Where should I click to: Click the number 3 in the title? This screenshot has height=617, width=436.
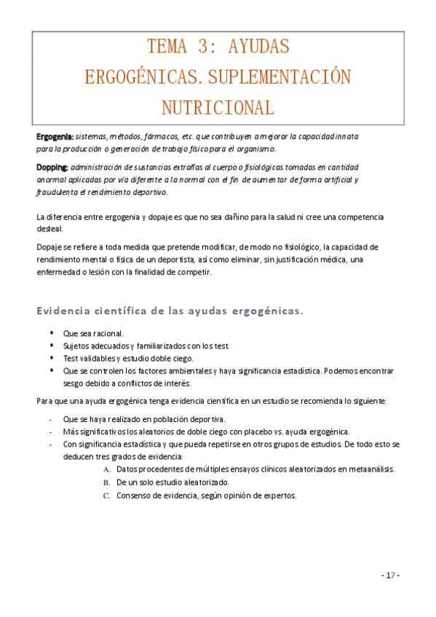(x=202, y=48)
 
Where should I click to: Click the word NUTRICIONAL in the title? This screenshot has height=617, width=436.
(x=218, y=108)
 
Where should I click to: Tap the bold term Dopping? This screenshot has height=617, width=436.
(x=52, y=167)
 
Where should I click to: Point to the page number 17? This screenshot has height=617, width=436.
(x=391, y=576)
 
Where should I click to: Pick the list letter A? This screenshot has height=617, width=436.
(x=107, y=469)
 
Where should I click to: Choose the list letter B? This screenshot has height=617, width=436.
(x=107, y=482)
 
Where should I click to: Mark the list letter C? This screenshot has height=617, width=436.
(x=107, y=496)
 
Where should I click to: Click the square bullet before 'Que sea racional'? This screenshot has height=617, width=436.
(x=52, y=333)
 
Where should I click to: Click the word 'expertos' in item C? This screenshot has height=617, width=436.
(x=279, y=496)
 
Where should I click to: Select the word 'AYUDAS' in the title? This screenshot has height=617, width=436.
(x=258, y=48)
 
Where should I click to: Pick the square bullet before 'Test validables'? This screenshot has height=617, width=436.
(x=52, y=358)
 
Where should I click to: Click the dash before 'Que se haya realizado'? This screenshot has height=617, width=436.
(x=49, y=418)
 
